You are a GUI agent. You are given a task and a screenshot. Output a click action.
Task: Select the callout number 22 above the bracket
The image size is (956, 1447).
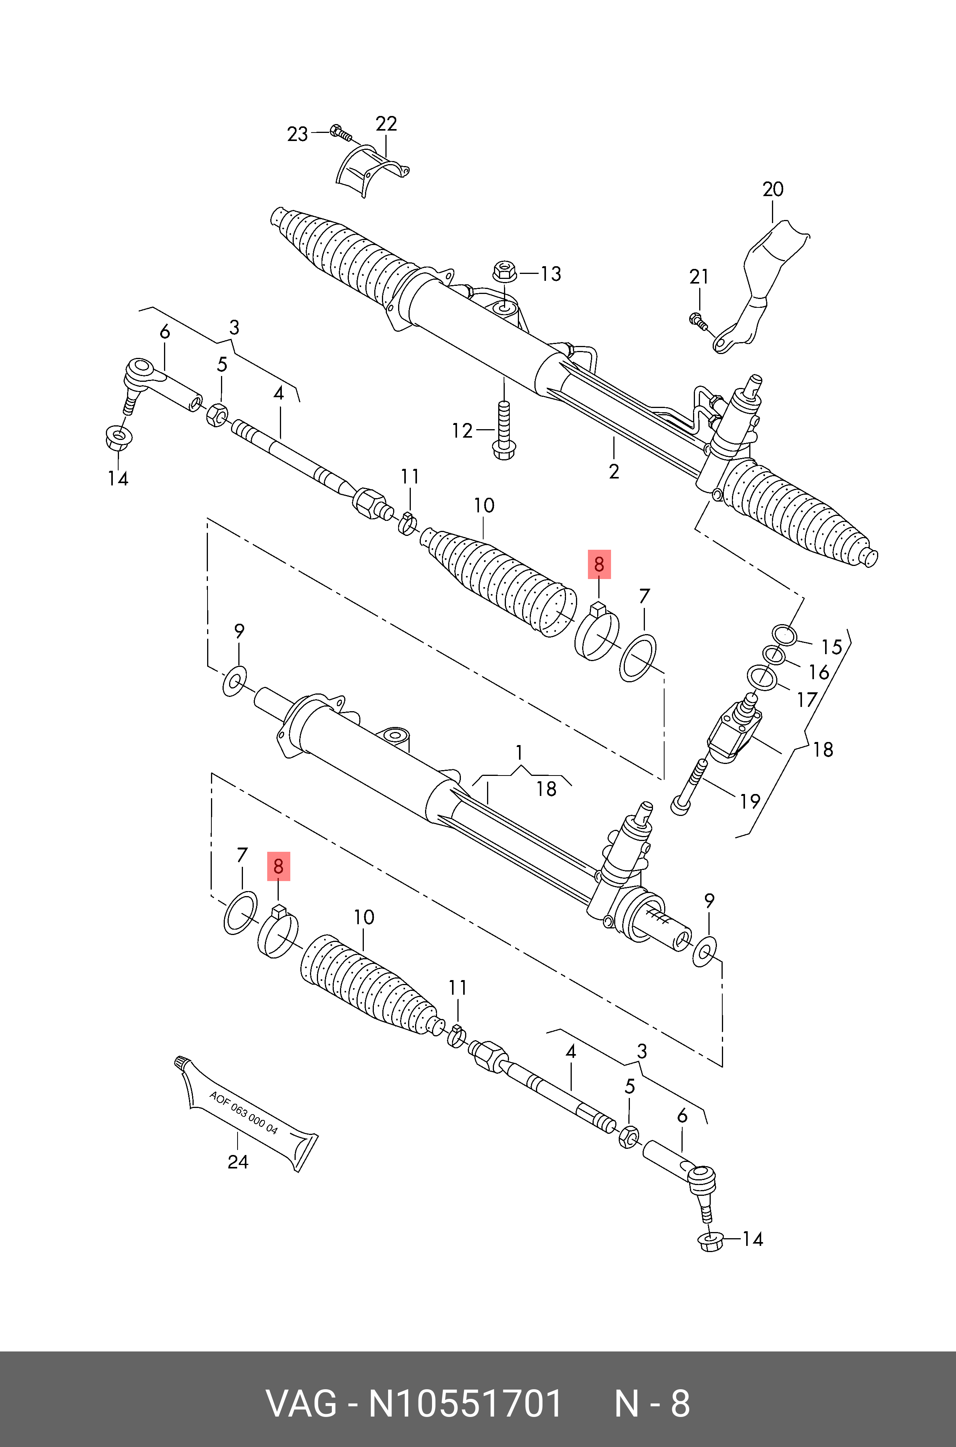point(386,124)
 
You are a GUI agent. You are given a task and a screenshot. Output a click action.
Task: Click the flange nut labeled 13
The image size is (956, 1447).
point(502,270)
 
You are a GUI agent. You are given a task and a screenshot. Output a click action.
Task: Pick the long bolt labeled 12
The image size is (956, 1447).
point(504,430)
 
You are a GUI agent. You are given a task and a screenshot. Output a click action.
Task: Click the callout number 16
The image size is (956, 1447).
point(819,672)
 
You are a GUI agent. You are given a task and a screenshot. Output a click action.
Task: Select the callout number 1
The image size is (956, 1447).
point(519,753)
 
